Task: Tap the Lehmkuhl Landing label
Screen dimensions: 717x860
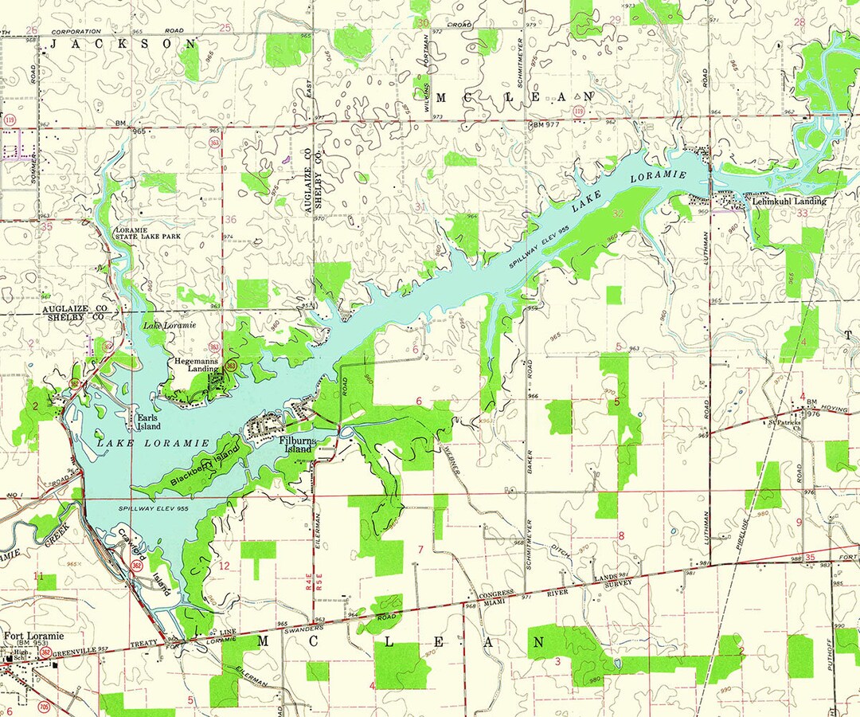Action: tap(788, 202)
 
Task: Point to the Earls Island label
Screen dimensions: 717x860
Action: tap(148, 421)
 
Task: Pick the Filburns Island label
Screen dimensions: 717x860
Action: tap(299, 445)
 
